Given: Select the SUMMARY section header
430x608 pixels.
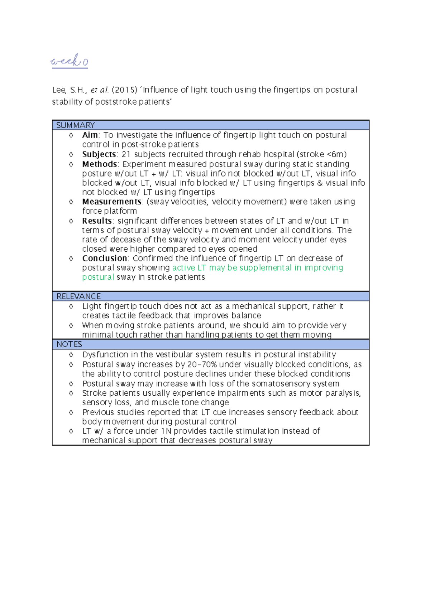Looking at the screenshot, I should (75, 125).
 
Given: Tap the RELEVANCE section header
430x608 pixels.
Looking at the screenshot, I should (78, 296).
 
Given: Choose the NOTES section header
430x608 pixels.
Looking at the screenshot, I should (69, 344).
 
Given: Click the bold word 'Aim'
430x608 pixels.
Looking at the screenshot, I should (90, 135).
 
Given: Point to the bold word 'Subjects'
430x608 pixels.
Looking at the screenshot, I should (99, 154).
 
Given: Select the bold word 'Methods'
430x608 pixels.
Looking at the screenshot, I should (100, 164).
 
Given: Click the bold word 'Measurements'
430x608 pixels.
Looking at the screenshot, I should (112, 202).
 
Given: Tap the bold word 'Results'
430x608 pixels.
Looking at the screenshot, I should (97, 221).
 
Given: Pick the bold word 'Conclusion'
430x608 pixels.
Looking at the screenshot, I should (105, 258).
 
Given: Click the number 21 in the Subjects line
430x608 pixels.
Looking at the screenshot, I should (126, 154).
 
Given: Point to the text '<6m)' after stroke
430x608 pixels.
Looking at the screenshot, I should (336, 154).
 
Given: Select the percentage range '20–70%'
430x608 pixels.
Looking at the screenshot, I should (202, 364).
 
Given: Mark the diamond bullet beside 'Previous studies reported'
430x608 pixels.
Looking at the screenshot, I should (71, 412).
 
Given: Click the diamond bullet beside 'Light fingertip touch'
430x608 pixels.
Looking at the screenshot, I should (71, 307).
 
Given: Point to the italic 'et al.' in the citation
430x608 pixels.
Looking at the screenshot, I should (99, 90).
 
